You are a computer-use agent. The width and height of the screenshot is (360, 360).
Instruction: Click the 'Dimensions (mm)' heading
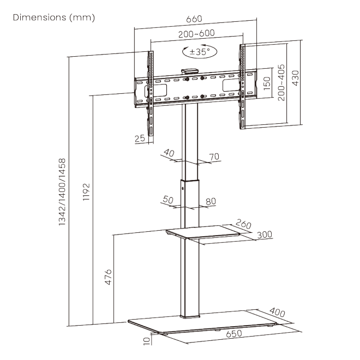54,17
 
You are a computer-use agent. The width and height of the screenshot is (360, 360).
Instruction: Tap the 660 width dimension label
194,19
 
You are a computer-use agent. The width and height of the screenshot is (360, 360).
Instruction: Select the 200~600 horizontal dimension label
196,33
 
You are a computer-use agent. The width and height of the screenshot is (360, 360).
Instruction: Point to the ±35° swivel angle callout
200,51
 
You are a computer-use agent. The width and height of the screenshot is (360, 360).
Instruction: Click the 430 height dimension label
295,78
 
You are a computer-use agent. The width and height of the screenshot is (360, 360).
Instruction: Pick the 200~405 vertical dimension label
281,83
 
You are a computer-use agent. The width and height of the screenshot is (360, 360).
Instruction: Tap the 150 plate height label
267,83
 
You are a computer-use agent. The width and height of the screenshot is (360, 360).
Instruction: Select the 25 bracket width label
140,138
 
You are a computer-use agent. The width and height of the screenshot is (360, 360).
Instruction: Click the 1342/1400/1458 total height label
62,192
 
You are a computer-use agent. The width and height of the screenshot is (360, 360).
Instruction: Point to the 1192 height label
86,192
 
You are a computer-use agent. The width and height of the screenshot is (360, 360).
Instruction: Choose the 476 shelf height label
108,277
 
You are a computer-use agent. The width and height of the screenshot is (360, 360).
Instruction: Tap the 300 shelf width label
265,235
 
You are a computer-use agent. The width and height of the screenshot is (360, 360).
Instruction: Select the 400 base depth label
277,312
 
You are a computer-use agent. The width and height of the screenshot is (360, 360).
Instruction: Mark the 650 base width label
234,334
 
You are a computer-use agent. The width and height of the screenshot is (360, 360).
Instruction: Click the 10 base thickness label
147,341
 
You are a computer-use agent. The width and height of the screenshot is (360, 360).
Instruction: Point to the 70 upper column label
214,157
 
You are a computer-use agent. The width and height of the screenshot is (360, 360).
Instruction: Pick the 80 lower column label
211,201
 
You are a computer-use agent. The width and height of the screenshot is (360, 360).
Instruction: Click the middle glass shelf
203,232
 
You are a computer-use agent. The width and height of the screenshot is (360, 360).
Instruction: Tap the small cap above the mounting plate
190,71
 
